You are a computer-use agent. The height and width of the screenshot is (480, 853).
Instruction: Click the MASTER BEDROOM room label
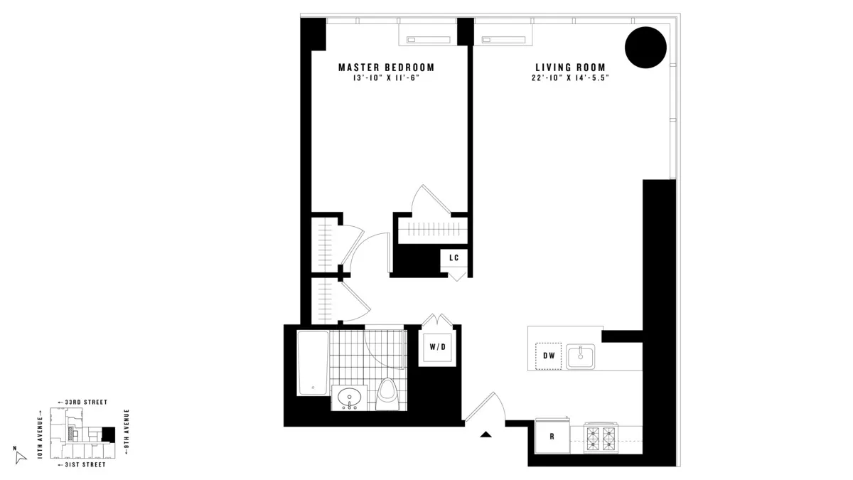coord(386,68)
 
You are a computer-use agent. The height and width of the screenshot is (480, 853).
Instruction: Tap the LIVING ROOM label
coord(570,68)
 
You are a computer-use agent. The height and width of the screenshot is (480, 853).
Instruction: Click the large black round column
coord(645,48)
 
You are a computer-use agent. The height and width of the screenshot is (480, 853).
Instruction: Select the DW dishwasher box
coord(548,356)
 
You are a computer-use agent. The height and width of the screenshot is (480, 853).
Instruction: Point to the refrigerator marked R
coord(552,436)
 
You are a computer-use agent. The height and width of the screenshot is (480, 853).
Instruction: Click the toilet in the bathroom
coord(387,393)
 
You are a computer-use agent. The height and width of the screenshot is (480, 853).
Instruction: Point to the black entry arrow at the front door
coord(486,434)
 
